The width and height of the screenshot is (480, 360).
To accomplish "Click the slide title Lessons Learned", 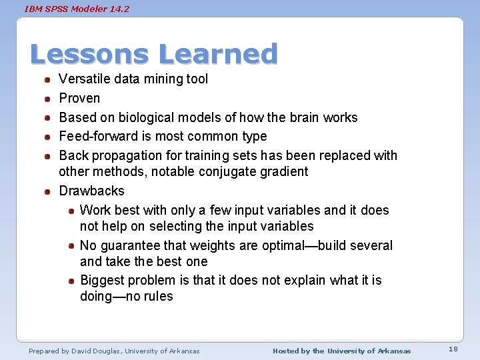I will click(154, 54).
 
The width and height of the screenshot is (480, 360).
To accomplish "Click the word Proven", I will click(79, 98).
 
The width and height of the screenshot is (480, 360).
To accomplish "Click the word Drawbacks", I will click(91, 191).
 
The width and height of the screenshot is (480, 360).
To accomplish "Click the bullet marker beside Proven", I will click(49, 99).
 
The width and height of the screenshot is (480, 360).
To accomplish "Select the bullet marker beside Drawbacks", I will click(49, 191).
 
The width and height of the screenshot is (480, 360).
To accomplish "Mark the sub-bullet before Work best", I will click(71, 211).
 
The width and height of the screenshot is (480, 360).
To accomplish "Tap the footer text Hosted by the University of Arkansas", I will click(341, 351).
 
